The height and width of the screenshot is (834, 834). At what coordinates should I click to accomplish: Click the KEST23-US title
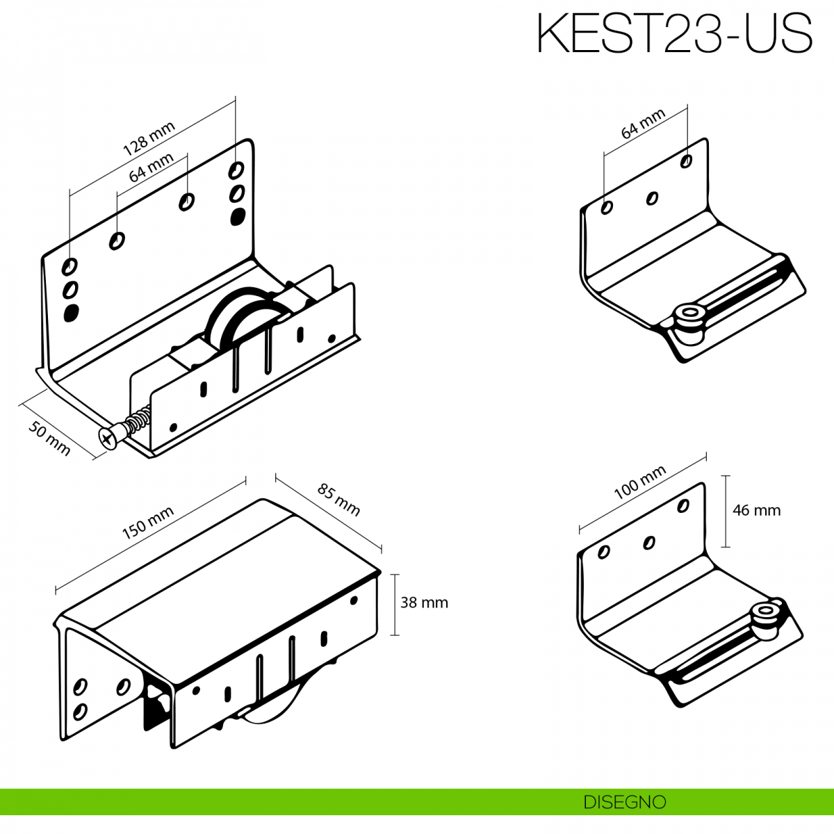[674, 33]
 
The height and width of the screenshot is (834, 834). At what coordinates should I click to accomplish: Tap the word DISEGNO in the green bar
[625, 802]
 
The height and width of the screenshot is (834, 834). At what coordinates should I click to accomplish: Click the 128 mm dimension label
[149, 138]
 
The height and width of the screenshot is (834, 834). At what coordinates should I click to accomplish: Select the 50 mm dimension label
[49, 439]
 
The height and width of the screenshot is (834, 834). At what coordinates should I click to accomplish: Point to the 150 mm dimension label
[148, 523]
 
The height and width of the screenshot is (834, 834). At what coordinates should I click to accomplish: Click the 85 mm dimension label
[338, 500]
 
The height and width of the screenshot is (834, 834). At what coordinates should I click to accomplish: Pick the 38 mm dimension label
[424, 603]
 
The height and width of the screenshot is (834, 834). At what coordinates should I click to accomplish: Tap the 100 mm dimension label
[639, 482]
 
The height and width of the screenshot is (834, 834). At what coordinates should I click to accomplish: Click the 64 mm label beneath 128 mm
[151, 167]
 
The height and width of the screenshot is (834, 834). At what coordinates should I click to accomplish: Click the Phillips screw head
[108, 438]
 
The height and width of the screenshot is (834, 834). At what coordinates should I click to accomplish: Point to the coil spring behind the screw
[138, 420]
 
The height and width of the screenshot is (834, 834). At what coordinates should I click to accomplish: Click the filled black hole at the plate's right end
[237, 216]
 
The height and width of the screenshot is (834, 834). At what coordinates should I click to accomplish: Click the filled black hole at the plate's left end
[71, 313]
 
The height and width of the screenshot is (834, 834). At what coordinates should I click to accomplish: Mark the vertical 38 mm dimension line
[394, 605]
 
